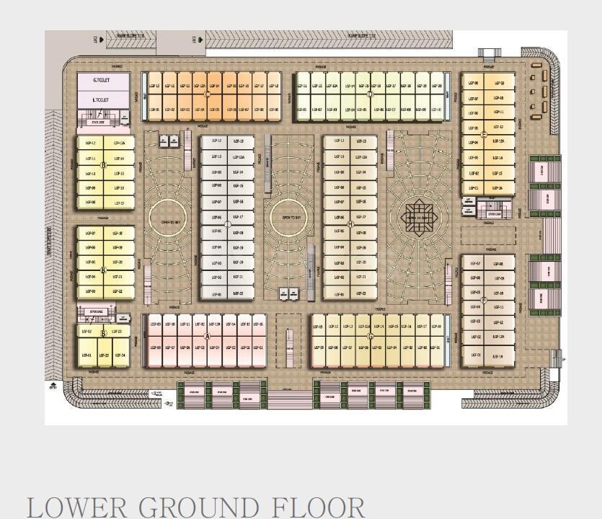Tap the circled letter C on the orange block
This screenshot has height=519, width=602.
(208, 94)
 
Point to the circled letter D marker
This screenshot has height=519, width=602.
(370, 94)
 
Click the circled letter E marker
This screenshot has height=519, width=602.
(484, 135)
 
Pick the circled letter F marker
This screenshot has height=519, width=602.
(484, 300)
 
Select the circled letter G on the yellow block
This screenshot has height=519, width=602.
(371, 337)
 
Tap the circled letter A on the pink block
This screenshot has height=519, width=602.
(208, 337)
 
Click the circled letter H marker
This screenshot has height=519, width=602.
(350, 224)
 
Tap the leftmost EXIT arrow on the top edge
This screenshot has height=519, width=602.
(100, 39)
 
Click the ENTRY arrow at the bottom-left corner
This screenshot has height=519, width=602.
(53, 386)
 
